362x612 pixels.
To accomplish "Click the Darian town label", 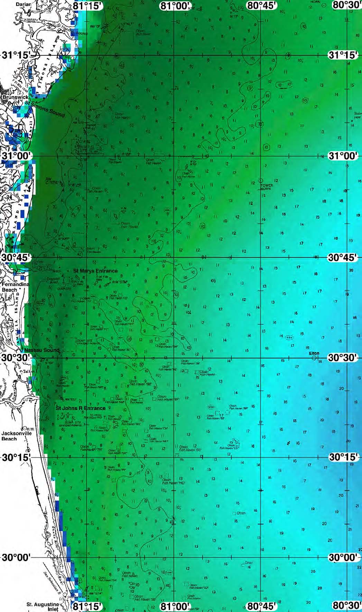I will (x=23, y=4).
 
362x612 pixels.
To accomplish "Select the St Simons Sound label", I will (x=45, y=108).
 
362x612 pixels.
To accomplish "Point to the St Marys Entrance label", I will (x=95, y=271).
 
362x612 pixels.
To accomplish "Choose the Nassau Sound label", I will (x=42, y=350).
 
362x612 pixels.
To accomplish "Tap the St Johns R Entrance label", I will (x=81, y=408).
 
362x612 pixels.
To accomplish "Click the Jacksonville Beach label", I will (x=16, y=436).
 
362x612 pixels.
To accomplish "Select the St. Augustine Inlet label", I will (x=43, y=606).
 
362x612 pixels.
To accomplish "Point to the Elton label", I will (x=314, y=354).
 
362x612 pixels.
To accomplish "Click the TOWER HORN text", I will (x=266, y=187).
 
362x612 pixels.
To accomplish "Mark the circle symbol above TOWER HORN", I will (x=261, y=181).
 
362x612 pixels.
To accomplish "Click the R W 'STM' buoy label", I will (x=120, y=282).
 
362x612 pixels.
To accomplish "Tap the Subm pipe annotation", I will (x=358, y=115).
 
